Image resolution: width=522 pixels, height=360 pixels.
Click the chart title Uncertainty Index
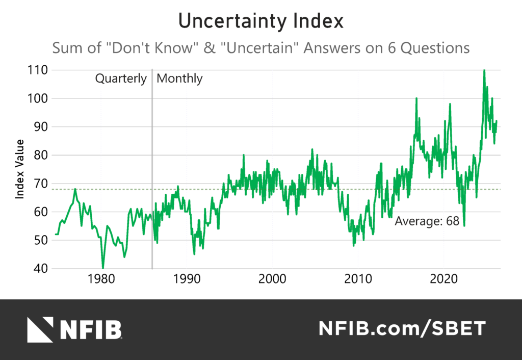[260, 22]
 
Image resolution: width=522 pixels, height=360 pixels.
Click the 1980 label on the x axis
[100, 280]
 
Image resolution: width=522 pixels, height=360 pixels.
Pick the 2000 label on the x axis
[272, 280]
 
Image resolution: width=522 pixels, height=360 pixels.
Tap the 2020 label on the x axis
[443, 280]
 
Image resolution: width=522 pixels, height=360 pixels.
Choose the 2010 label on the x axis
[358, 280]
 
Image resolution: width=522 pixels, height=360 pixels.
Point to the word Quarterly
[121, 79]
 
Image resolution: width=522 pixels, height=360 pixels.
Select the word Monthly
[179, 79]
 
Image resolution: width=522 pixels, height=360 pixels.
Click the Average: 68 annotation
[427, 221]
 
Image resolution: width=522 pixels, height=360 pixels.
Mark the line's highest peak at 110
[484, 70]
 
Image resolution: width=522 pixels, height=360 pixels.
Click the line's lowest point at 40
[103, 268]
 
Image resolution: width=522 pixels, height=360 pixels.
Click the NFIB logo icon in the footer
[40, 329]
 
